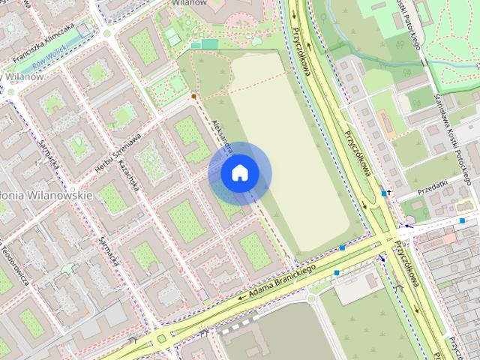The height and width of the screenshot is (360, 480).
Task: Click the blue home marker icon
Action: point(239,173)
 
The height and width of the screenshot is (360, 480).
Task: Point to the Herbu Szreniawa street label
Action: point(118,154)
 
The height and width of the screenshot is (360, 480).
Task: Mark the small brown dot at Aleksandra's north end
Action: point(193,96)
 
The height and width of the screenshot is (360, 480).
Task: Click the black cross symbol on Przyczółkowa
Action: point(389,191)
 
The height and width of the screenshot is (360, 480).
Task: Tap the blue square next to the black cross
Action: point(383,193)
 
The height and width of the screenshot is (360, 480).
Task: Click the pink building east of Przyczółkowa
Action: point(449,238)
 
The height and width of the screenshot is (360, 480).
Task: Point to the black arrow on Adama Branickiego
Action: point(243,297)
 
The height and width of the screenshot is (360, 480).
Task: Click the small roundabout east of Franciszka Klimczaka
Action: point(106,33)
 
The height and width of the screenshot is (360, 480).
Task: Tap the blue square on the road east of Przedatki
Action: point(461,220)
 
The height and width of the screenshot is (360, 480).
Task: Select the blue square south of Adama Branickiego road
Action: point(337,272)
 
